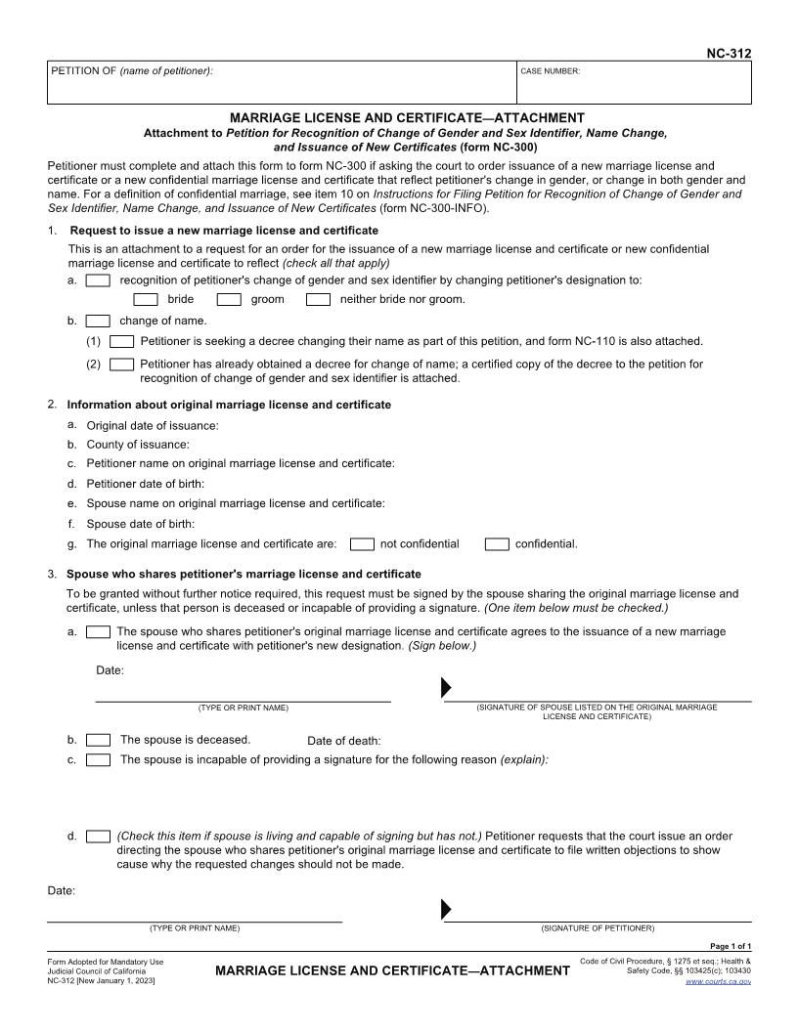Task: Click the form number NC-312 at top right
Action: click(x=729, y=54)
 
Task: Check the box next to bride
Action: click(x=145, y=299)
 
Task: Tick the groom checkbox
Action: click(x=229, y=299)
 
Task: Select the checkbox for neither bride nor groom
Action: click(x=318, y=299)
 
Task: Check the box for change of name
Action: click(x=98, y=321)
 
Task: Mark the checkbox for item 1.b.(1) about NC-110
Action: click(x=121, y=342)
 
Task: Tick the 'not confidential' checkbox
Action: click(x=362, y=544)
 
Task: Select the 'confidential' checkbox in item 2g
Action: click(x=497, y=544)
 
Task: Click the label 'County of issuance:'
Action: click(x=138, y=445)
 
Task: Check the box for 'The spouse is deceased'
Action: click(x=98, y=740)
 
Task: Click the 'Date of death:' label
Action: click(x=343, y=741)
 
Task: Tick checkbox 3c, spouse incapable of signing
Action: click(x=98, y=760)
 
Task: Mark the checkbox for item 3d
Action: click(x=98, y=837)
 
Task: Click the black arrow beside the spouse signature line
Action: click(x=446, y=687)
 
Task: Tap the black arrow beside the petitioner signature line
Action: click(x=446, y=910)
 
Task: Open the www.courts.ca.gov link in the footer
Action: click(x=718, y=980)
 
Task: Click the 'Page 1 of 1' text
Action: click(x=730, y=946)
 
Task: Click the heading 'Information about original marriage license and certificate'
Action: click(x=229, y=405)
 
